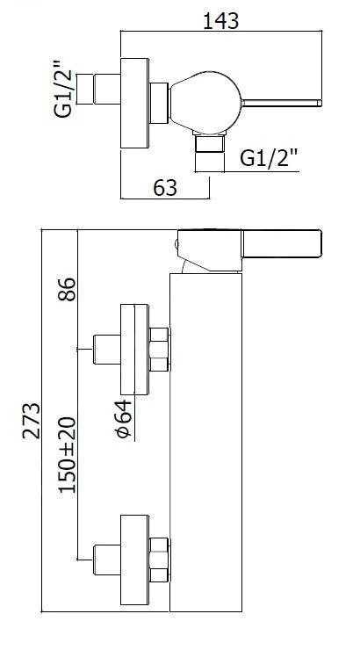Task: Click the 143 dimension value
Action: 220,21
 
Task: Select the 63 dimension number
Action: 165,188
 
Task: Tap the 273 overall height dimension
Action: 32,420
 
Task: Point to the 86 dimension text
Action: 67,289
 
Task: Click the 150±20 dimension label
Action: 67,455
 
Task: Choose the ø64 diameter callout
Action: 124,419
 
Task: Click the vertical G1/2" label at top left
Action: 64,89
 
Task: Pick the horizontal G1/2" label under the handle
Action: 270,157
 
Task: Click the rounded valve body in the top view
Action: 205,103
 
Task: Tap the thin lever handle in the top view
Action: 281,104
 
